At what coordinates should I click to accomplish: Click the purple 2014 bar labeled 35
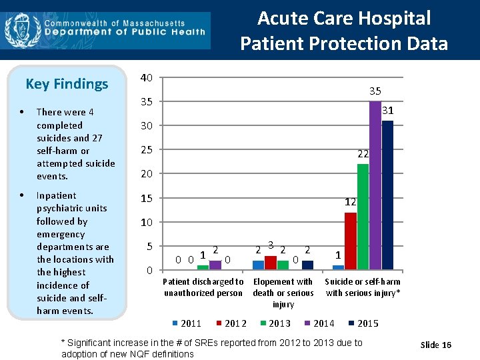point(375,185)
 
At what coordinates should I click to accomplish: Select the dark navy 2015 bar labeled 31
point(387,195)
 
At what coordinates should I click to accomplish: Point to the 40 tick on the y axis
point(146,77)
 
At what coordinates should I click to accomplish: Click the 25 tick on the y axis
point(146,150)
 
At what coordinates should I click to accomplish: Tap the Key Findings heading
point(67,84)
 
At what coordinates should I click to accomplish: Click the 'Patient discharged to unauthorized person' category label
point(203,287)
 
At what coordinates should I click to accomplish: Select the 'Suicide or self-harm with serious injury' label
point(363,287)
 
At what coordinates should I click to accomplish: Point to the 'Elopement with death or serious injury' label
point(283,293)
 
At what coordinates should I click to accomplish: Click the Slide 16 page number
point(436,345)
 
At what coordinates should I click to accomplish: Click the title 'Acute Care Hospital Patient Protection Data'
point(344,31)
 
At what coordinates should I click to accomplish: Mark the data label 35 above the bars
point(375,91)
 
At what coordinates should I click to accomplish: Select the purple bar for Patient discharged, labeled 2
point(215,265)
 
